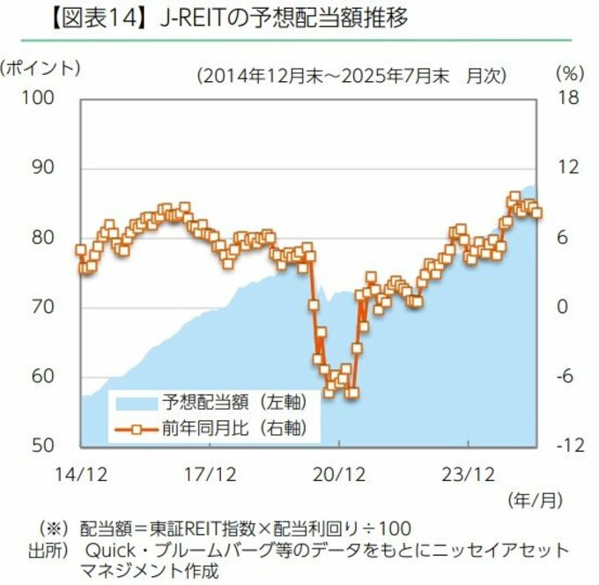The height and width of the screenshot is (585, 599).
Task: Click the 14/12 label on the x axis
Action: (81, 473)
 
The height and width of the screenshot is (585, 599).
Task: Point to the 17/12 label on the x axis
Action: (211, 473)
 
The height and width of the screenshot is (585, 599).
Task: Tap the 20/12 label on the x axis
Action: (340, 473)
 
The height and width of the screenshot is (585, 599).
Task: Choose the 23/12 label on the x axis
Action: (468, 473)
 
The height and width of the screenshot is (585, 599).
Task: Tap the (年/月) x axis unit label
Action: (535, 500)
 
